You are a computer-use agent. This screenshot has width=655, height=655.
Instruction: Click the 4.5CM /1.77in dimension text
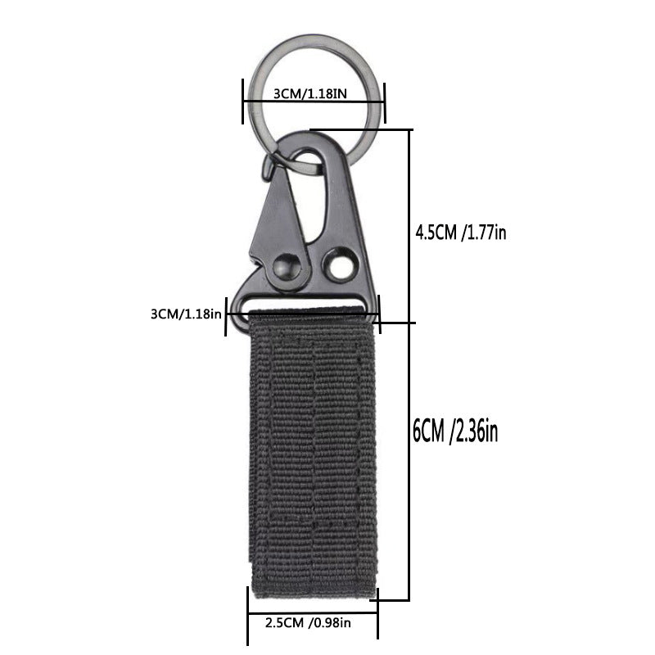coord(461,232)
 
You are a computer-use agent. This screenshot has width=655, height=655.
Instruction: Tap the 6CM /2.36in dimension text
coord(455,429)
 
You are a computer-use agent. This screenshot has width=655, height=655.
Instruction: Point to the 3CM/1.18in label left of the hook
coord(186,314)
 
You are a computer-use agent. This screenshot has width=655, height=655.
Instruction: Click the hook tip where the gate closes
coord(269,169)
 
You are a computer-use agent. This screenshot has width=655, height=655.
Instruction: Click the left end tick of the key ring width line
coord(243,102)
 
